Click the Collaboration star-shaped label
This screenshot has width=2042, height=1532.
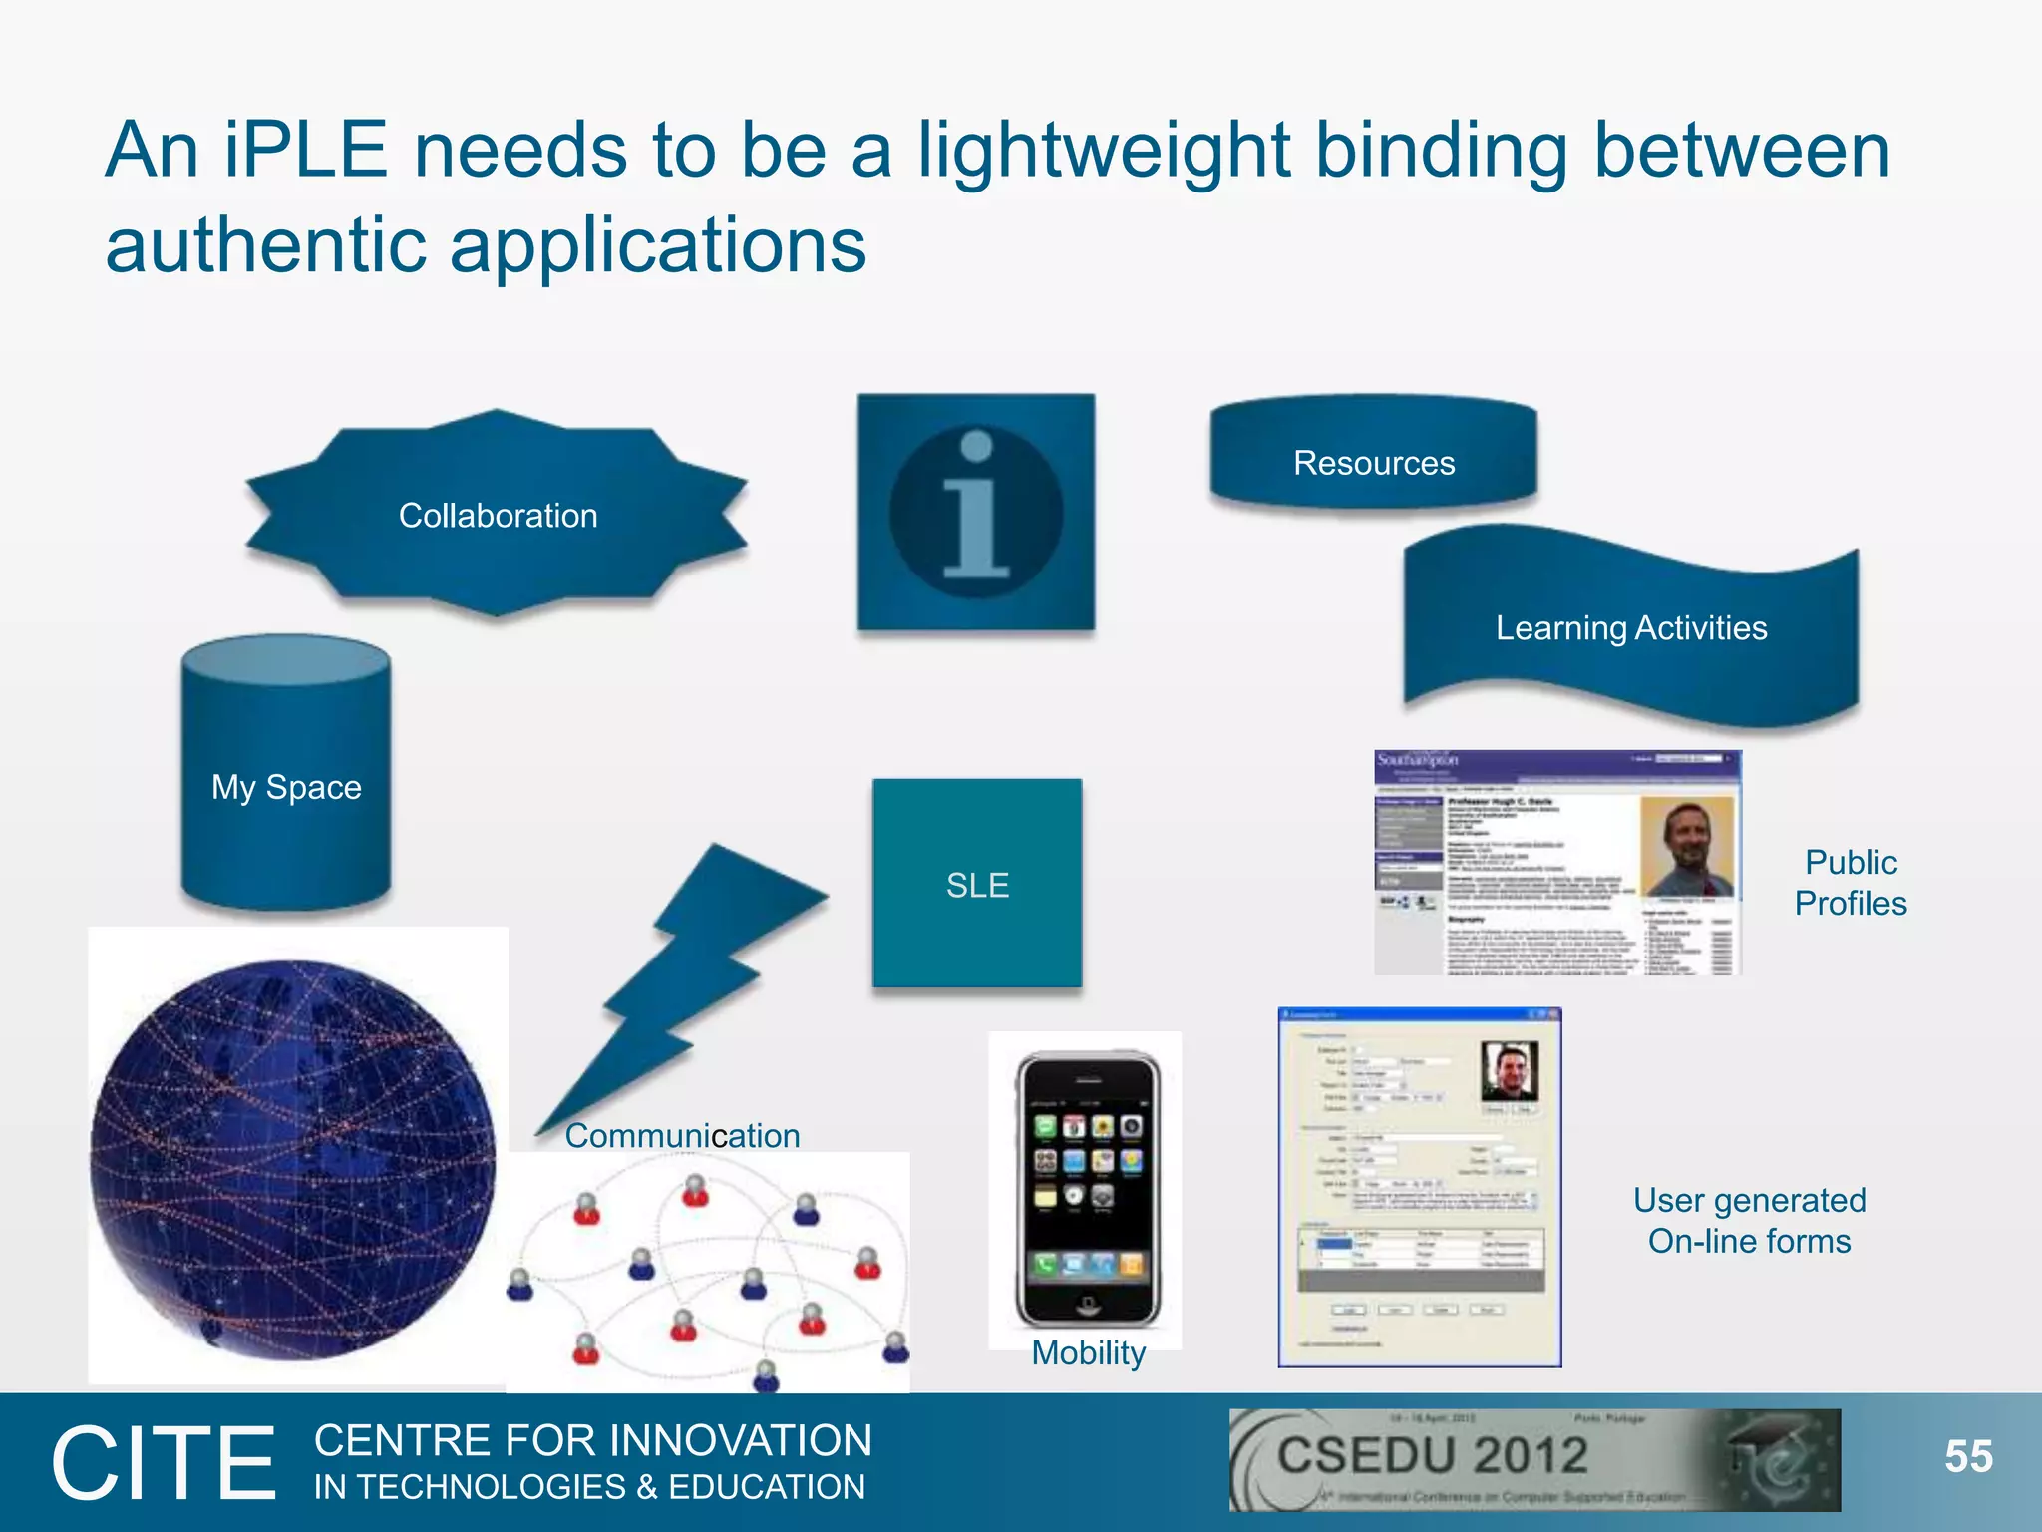pyautogui.click(x=498, y=515)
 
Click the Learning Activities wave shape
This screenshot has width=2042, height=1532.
pyautogui.click(x=1630, y=628)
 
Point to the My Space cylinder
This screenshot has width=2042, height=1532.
pyautogui.click(x=286, y=786)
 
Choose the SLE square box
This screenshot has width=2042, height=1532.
pyautogui.click(x=977, y=885)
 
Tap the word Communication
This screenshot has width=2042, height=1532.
pyautogui.click(x=682, y=1135)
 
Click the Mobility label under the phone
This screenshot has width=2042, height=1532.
pyautogui.click(x=1088, y=1353)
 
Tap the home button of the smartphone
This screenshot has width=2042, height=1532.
pyautogui.click(x=1088, y=1304)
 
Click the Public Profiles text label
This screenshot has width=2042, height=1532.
pyautogui.click(x=1851, y=882)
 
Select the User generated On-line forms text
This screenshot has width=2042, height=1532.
pyautogui.click(x=1749, y=1220)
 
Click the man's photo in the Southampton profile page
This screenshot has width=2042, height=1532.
pyautogui.click(x=1688, y=846)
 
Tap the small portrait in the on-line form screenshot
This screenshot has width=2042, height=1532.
pyautogui.click(x=1509, y=1070)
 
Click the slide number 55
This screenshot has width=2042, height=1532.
pyautogui.click(x=1968, y=1457)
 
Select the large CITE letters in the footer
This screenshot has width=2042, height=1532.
pyautogui.click(x=165, y=1463)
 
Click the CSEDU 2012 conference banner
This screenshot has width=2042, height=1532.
pyautogui.click(x=1533, y=1459)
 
